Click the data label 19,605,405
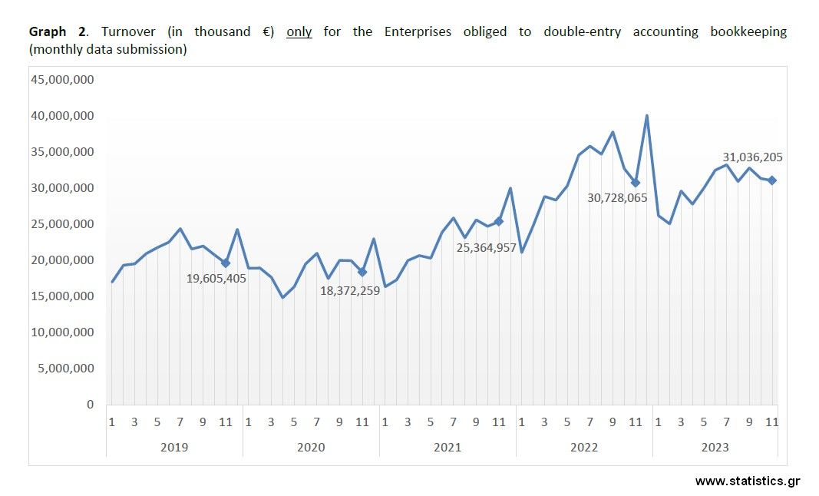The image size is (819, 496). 216,278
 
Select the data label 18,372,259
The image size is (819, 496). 350,290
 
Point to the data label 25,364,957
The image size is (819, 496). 486,247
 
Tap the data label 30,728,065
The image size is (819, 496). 617,197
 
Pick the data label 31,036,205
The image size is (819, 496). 753,157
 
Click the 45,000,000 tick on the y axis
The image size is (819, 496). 61,80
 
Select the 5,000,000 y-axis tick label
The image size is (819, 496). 64,369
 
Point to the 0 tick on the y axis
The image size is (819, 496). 90,405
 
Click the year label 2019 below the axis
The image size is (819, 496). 174,447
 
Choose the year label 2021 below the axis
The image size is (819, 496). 447,447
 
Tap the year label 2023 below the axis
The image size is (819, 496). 715,447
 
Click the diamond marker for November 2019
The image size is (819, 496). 226,263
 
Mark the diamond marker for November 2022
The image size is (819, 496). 635,183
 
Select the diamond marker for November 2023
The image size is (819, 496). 772,180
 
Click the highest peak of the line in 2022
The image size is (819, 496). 647,116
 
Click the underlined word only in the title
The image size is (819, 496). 299,32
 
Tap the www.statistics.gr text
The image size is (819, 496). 747,481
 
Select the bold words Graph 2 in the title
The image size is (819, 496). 58,32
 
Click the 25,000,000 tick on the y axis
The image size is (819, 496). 61,224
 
